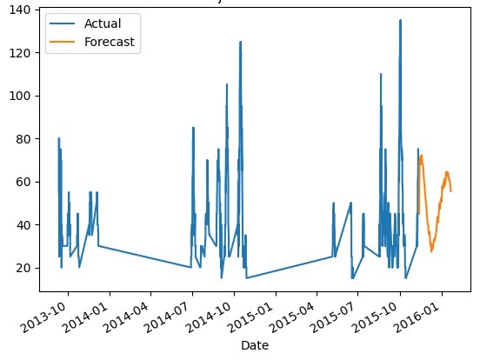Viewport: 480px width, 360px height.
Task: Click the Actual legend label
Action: (103, 23)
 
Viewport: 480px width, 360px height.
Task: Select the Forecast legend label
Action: (110, 42)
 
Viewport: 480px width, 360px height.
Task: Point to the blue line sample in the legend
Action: (63, 23)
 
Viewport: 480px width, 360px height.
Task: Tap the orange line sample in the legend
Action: (63, 42)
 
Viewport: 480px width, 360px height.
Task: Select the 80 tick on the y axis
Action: (22, 138)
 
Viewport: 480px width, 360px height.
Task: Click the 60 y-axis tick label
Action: (22, 182)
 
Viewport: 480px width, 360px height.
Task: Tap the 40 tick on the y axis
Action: (22, 224)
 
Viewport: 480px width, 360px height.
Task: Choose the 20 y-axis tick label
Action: (22, 268)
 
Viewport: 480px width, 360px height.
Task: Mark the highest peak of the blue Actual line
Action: (400, 20)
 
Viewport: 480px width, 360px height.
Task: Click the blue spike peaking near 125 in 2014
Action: (240, 42)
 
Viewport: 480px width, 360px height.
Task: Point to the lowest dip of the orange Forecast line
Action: (431, 251)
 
